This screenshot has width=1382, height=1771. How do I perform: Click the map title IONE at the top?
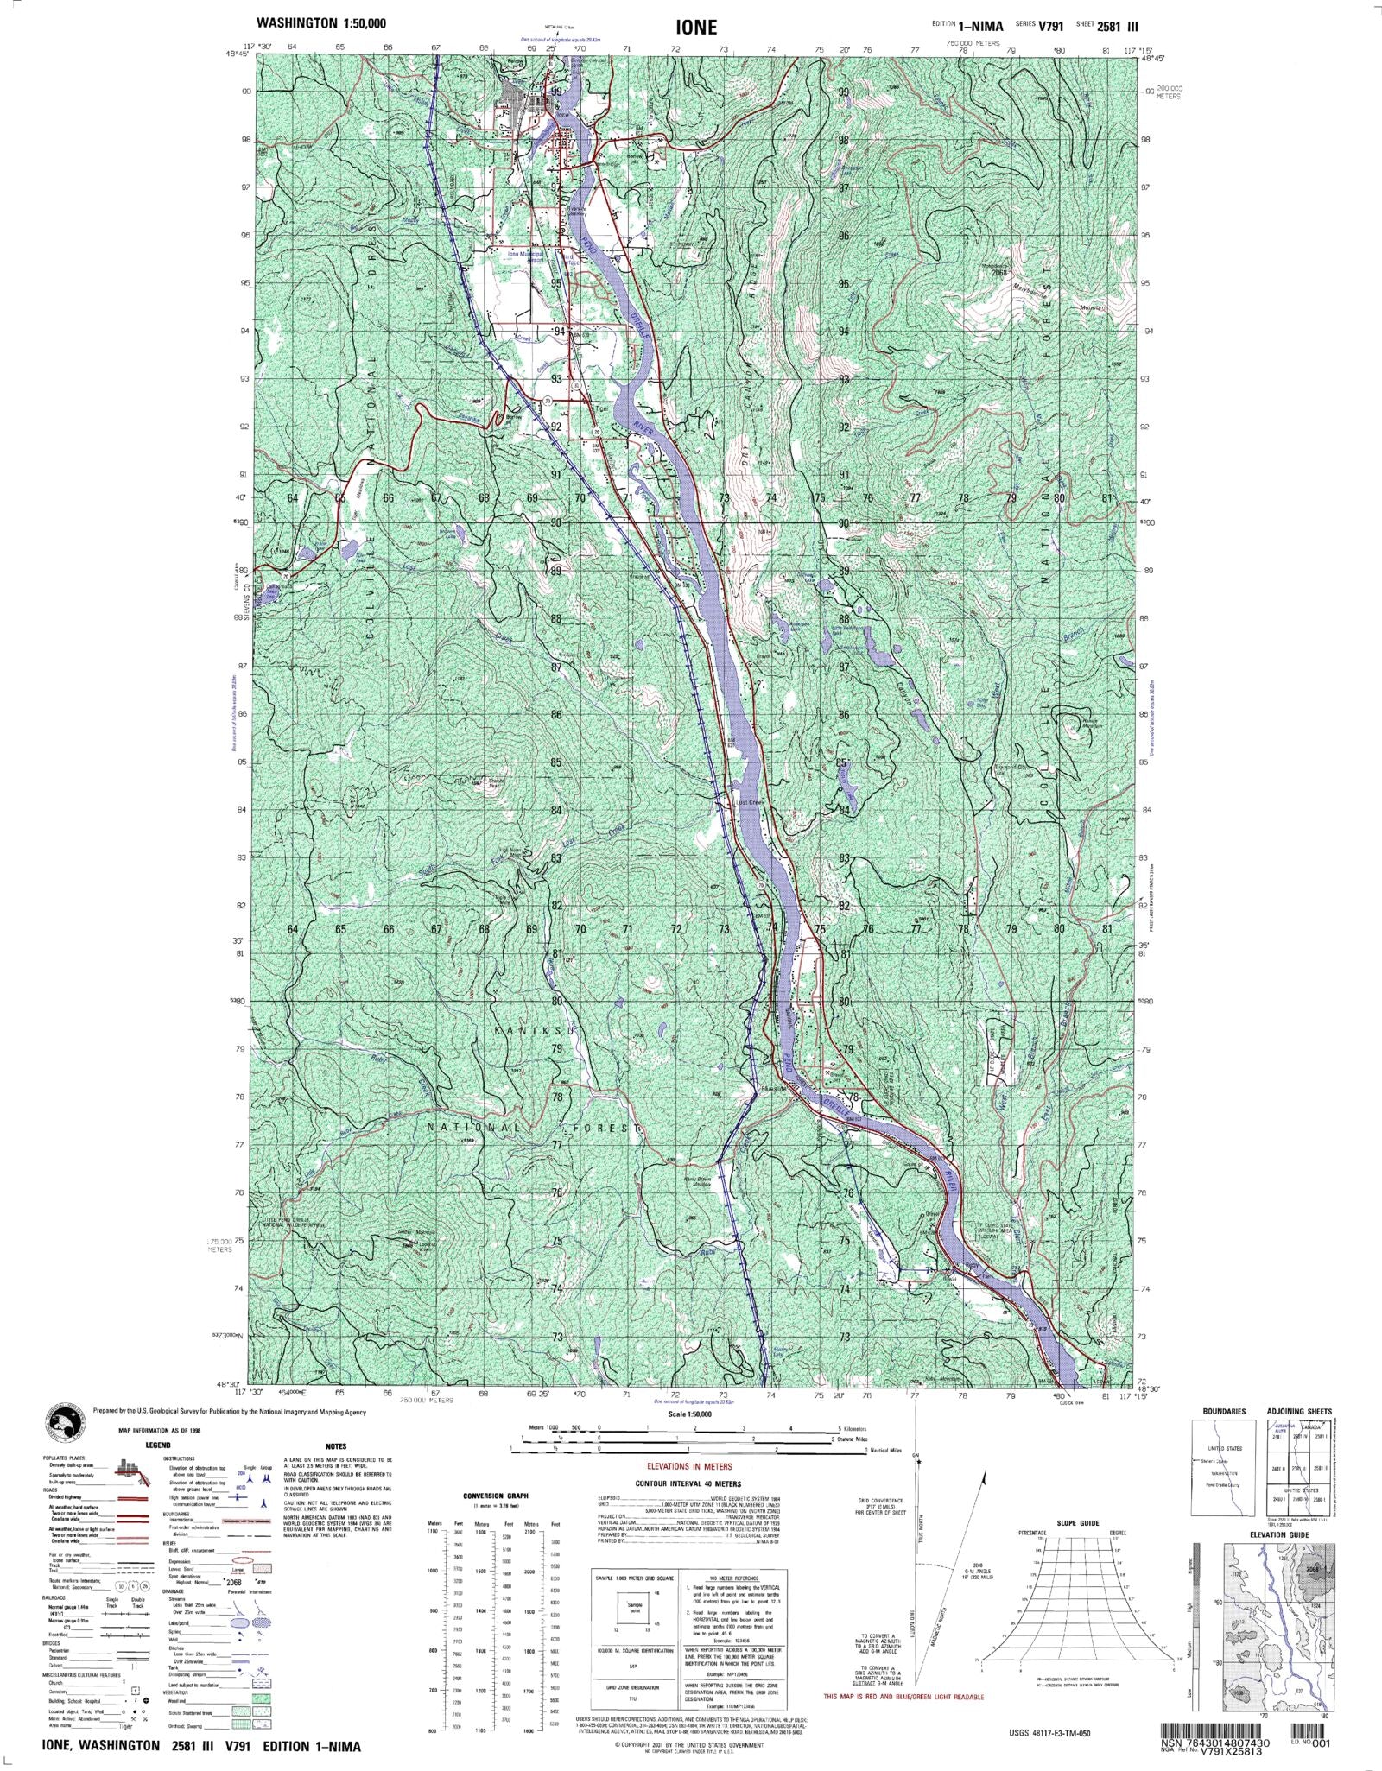pos(697,27)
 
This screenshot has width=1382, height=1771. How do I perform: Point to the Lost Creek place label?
pos(749,802)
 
